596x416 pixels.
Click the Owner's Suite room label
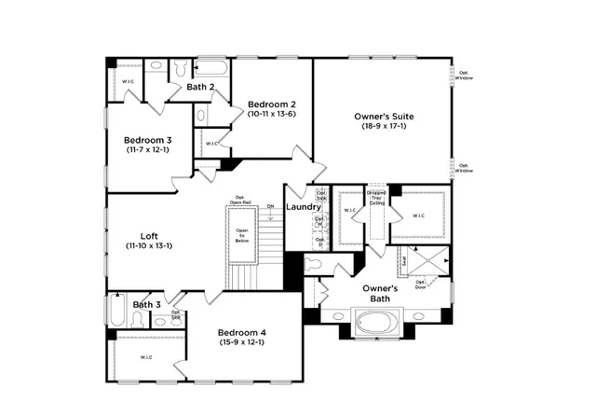[x=384, y=117]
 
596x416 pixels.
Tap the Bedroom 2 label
[x=272, y=104]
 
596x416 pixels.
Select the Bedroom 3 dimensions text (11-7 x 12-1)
[x=147, y=151]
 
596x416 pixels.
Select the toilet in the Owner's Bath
[x=315, y=265]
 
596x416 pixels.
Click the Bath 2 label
[x=201, y=87]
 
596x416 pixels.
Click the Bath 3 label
[x=146, y=304]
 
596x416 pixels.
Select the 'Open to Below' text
[x=242, y=234]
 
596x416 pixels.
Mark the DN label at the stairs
[x=270, y=205]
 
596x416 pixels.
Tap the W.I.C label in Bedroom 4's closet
[x=146, y=356]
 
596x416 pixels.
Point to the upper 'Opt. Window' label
[x=463, y=74]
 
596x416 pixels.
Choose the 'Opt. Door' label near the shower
[x=420, y=284]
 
